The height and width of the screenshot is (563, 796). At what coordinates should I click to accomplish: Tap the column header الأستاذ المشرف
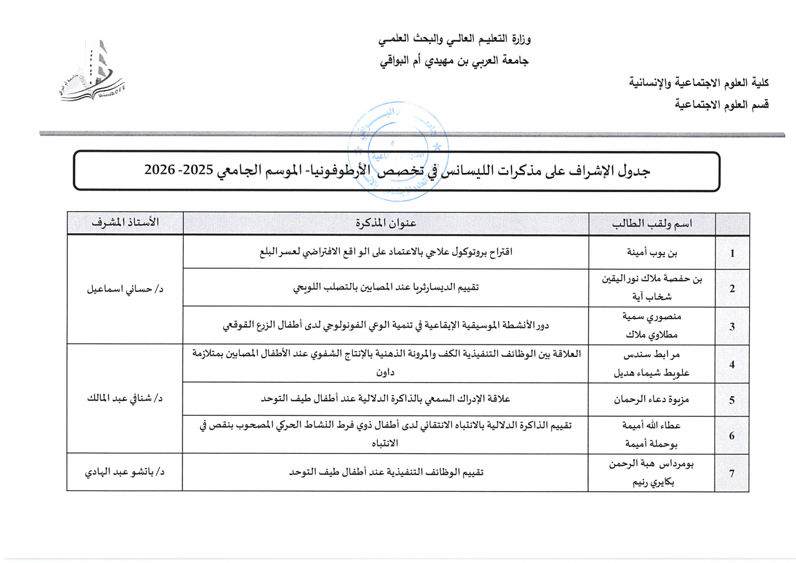125,222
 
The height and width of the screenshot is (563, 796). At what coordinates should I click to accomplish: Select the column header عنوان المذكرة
386,223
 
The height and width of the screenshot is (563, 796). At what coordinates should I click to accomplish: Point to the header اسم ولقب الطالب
652,224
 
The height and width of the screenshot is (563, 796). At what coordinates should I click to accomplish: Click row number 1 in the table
732,253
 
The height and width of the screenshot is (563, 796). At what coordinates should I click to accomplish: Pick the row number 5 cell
732,400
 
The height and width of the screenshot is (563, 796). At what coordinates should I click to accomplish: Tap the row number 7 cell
732,473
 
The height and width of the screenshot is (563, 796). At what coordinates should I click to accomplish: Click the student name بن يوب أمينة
652,253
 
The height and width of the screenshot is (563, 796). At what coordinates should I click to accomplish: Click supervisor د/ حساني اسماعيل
125,289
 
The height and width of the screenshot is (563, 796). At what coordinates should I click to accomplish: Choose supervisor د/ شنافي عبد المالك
125,399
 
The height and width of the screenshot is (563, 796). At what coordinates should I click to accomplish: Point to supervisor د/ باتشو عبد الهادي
125,472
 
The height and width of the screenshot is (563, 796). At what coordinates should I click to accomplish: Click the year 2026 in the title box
159,170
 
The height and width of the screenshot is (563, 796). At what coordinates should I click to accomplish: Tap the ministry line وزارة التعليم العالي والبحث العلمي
454,39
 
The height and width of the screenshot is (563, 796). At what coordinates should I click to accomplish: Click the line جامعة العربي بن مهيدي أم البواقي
454,61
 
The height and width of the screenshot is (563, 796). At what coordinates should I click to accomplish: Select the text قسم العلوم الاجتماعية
721,105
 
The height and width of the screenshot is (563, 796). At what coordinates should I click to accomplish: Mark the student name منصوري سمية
652,316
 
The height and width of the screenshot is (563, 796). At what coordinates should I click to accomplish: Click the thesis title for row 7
386,472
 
